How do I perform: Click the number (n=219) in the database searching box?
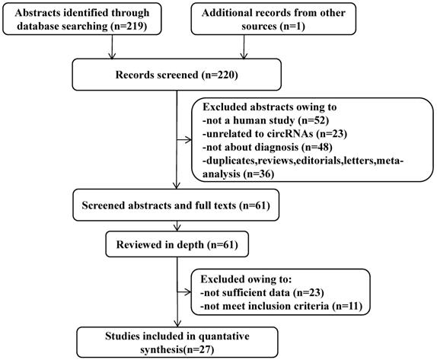coord(129,26)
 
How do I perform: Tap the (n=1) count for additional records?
coord(292,26)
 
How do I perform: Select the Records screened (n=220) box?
coord(177,75)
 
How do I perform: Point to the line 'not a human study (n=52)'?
coord(266,120)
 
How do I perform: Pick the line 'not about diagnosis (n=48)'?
coord(267,147)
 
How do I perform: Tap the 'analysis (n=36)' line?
coord(238,174)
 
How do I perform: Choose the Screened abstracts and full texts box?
coord(176,205)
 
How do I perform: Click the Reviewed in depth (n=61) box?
coord(177,244)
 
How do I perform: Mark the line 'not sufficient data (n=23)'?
coord(262,292)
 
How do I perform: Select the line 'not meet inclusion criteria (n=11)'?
coord(281,306)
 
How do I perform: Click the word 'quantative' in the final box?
coord(224,336)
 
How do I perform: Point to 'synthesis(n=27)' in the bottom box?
coord(177,349)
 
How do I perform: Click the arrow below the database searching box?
coord(112,47)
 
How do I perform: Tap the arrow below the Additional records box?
coord(244,47)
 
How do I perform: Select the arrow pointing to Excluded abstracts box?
coord(184,140)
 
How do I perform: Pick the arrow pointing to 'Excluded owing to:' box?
coord(184,292)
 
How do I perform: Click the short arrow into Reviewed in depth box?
coord(177,226)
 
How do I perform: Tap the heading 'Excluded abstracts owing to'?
coord(270,107)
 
